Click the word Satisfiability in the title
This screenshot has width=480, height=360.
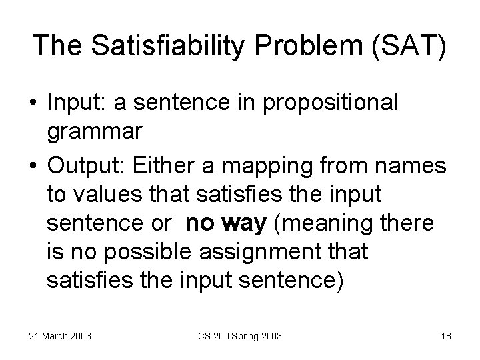[157, 45]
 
